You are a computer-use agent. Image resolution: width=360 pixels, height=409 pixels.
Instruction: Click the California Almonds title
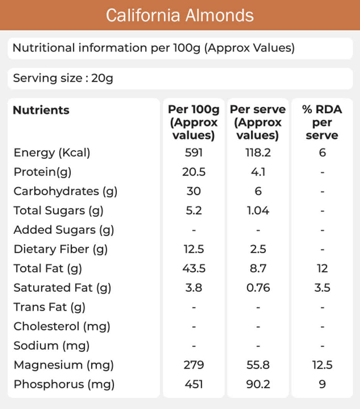(x=180, y=15)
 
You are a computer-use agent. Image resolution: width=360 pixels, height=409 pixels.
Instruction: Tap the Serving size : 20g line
(x=63, y=78)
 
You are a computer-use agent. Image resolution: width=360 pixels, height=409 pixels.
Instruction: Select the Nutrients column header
(x=41, y=110)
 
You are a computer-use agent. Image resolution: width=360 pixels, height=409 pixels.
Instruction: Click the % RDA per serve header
(x=322, y=122)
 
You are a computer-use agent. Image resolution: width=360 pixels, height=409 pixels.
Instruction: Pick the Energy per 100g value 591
(x=193, y=153)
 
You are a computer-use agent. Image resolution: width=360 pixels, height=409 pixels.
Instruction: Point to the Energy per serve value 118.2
(x=258, y=153)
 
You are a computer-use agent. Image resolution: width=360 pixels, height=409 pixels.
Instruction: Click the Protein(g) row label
(x=43, y=172)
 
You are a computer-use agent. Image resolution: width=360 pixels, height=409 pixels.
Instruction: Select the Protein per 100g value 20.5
(x=193, y=172)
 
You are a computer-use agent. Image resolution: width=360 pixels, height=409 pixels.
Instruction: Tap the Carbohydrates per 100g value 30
(x=193, y=191)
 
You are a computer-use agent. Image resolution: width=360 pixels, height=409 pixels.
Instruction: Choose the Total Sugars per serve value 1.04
(x=258, y=210)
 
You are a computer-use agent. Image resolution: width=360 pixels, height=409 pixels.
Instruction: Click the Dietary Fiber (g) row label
(x=61, y=249)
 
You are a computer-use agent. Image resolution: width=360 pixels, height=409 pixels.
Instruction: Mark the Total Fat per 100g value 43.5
(x=193, y=269)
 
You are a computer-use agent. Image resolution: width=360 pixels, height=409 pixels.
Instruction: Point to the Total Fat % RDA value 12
(x=322, y=269)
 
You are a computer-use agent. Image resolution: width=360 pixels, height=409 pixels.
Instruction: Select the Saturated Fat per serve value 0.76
(x=258, y=288)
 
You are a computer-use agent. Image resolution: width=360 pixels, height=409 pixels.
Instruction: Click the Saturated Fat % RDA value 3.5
(x=322, y=288)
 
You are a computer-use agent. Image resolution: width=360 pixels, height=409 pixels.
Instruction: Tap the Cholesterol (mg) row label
(x=62, y=326)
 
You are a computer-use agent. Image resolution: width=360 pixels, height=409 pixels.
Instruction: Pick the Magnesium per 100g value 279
(x=193, y=365)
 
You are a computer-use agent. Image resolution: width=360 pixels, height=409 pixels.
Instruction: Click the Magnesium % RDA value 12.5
(x=322, y=365)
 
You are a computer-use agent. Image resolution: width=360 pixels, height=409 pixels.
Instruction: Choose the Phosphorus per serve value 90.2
(x=258, y=384)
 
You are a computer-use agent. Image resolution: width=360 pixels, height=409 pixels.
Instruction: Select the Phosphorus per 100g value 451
(x=193, y=384)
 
